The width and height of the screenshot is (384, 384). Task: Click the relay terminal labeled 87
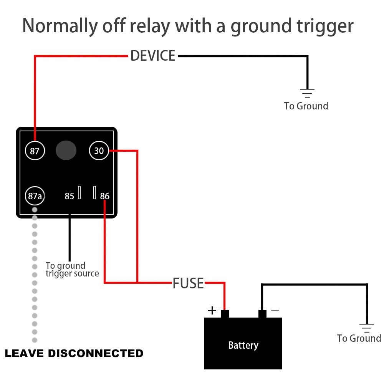35,151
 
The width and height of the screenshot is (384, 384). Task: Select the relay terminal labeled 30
99,151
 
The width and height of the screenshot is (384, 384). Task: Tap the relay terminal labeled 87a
35,196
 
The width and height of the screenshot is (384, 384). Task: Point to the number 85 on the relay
69,196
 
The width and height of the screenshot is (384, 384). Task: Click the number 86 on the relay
105,196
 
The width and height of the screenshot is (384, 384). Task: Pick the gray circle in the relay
66,150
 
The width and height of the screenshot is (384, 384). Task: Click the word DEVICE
153,56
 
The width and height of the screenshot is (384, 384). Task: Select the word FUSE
188,283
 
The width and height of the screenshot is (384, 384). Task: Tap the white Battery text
243,345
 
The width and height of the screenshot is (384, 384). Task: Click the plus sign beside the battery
212,310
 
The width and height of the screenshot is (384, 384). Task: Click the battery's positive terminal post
225,314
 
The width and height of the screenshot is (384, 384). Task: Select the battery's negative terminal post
262,314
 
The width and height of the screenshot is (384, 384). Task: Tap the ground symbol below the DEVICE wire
307,93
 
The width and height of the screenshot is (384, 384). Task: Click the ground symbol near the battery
367,328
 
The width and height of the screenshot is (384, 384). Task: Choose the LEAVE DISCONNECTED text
74,353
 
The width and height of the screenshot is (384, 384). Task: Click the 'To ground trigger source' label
72,270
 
